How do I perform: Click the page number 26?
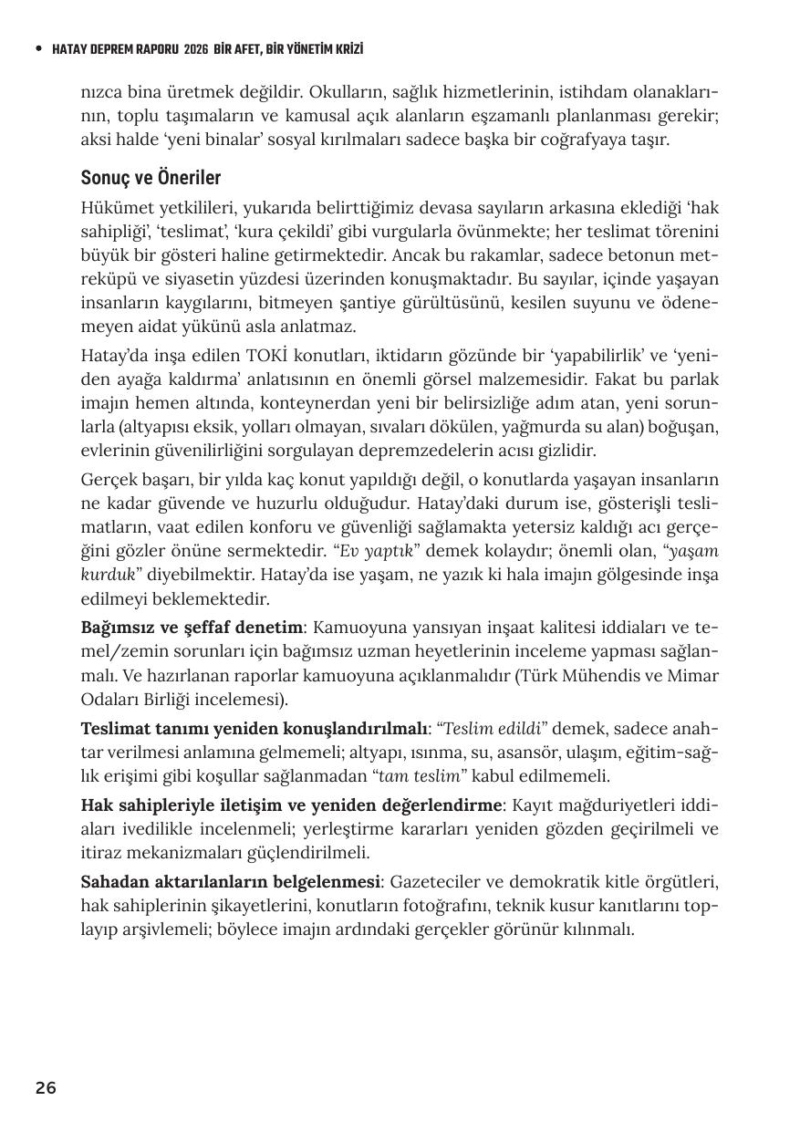(x=46, y=1087)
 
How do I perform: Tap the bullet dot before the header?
(x=37, y=49)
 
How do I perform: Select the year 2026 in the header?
(x=195, y=49)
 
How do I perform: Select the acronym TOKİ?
(x=268, y=356)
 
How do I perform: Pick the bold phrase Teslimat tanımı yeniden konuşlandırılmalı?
(x=255, y=729)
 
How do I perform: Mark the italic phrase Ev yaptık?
(x=378, y=552)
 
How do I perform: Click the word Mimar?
(x=694, y=676)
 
